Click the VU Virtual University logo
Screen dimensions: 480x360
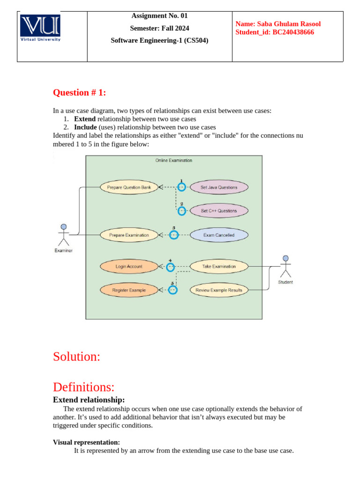[x=40, y=29]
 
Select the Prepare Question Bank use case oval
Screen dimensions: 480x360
[x=129, y=187]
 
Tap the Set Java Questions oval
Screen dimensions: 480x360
[x=219, y=187]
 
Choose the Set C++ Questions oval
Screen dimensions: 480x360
[x=219, y=211]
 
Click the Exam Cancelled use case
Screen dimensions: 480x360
[x=219, y=235]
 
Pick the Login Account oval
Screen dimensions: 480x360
[x=129, y=266]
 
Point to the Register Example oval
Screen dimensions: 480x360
[x=129, y=290]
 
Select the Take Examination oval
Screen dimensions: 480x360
[x=219, y=266]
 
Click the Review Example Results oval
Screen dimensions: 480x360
[x=219, y=290]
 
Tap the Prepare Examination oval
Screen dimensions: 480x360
[x=129, y=235]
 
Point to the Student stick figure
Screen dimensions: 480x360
[x=285, y=267]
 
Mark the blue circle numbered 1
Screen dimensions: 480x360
[x=181, y=187]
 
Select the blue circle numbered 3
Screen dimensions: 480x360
[x=174, y=235]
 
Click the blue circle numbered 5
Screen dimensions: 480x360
[x=172, y=290]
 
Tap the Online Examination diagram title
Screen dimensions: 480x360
[x=173, y=160]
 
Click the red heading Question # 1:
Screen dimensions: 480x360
[x=80, y=93]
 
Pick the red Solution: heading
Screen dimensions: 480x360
[x=76, y=356]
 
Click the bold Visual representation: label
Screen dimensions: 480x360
[x=86, y=442]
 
